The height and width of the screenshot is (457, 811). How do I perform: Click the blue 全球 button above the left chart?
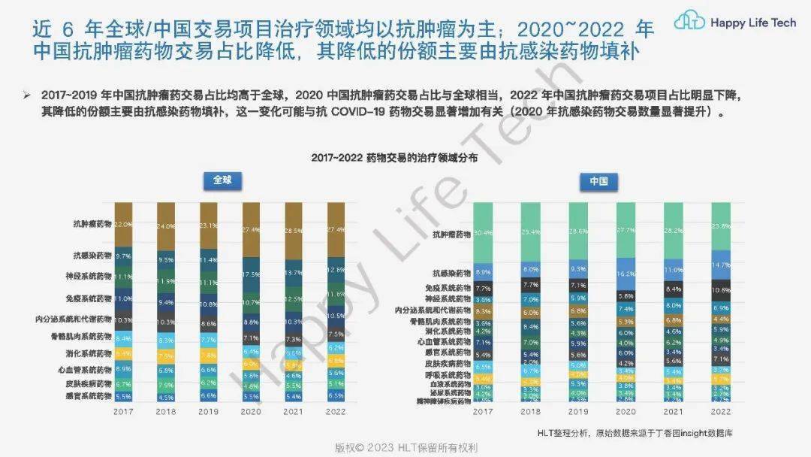pyautogui.click(x=223, y=181)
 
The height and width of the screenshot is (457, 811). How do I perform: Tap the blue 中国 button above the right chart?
pyautogui.click(x=598, y=181)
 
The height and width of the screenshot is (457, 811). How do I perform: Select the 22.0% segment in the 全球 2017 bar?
pyautogui.click(x=123, y=223)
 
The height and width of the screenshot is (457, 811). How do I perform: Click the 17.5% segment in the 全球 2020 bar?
pyautogui.click(x=252, y=274)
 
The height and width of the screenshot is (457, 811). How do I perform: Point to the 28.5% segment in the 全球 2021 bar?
pyautogui.click(x=294, y=231)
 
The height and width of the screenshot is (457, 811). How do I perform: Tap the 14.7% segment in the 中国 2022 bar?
pyautogui.click(x=720, y=265)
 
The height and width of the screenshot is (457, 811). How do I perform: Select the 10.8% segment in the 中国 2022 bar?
pyautogui.click(x=720, y=289)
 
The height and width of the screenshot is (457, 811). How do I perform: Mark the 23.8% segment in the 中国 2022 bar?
pyautogui.click(x=720, y=225)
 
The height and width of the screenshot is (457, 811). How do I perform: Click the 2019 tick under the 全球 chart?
pyautogui.click(x=209, y=412)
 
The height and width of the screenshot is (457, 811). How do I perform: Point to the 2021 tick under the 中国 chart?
pyautogui.click(x=673, y=412)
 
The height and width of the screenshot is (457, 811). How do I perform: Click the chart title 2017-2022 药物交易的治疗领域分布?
pyautogui.click(x=394, y=159)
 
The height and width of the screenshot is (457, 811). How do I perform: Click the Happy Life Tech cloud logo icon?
pyautogui.click(x=689, y=23)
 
